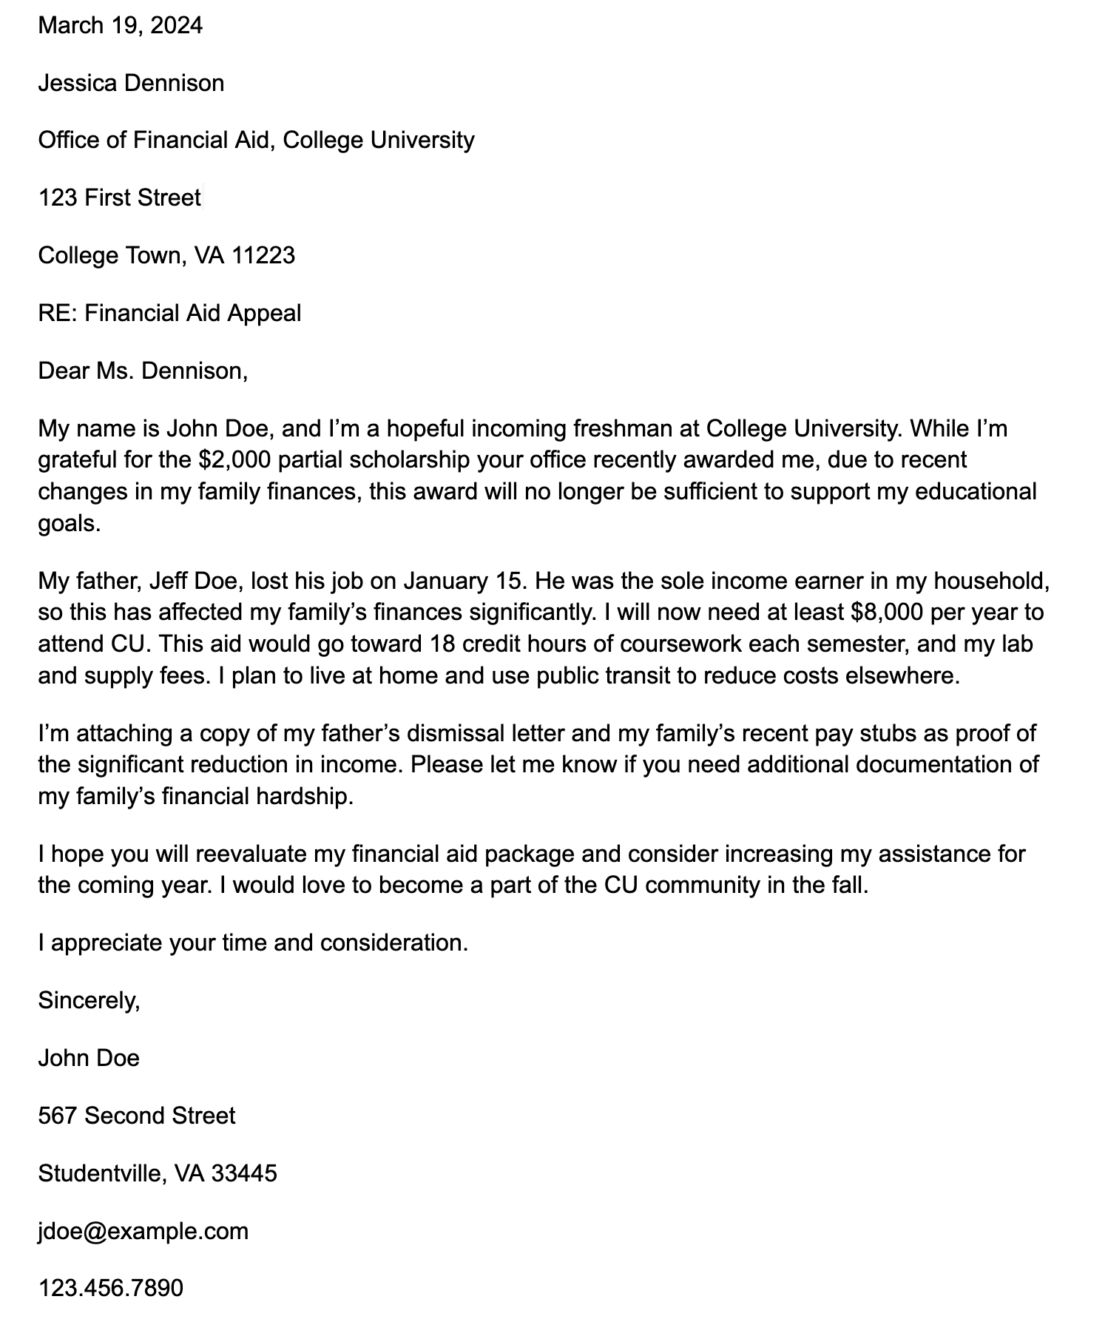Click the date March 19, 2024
point(120,26)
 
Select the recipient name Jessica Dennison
point(131,83)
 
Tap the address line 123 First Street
point(119,198)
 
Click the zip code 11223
point(263,255)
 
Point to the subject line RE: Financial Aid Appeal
point(169,313)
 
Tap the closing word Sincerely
point(88,1000)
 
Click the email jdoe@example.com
point(143,1231)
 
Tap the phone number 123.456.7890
point(110,1288)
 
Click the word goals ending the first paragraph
point(67,524)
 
